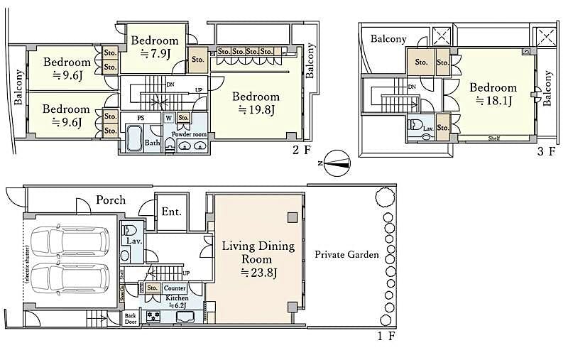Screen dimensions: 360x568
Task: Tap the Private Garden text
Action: pos(347,255)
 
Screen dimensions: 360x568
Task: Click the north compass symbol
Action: pos(336,163)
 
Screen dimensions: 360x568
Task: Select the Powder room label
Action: pos(190,133)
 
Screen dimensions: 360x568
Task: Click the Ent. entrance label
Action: pos(172,212)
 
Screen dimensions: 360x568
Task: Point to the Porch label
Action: pos(111,200)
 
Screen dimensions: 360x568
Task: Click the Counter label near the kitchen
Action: pos(175,288)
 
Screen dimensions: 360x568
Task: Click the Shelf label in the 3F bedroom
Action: pos(495,138)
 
